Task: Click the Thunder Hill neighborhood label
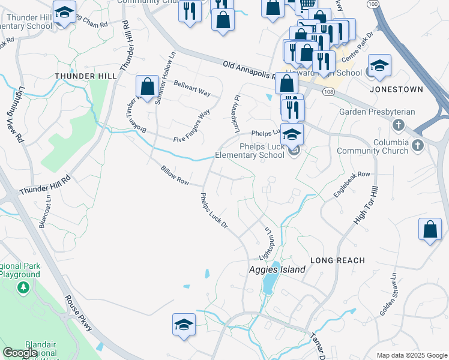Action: click(82, 76)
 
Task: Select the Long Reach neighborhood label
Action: click(337, 260)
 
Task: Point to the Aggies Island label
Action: click(277, 269)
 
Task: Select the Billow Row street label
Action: click(175, 176)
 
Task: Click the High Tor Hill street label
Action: click(367, 205)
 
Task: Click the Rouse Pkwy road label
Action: click(79, 314)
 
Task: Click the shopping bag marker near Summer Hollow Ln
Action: click(147, 88)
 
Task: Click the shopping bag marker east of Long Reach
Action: click(430, 230)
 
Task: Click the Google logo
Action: click(20, 353)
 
